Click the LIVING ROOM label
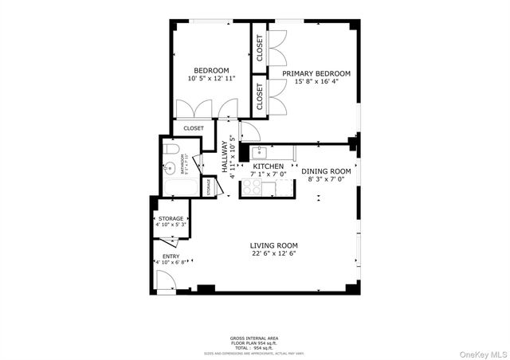273,245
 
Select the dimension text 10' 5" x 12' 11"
212,79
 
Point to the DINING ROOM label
325,170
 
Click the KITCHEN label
268,166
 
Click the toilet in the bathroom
170,150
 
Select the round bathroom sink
170,168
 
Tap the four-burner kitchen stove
253,187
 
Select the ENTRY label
171,256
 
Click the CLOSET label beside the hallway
194,127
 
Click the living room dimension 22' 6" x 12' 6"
273,254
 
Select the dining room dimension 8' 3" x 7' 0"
325,180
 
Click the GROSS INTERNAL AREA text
256,338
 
